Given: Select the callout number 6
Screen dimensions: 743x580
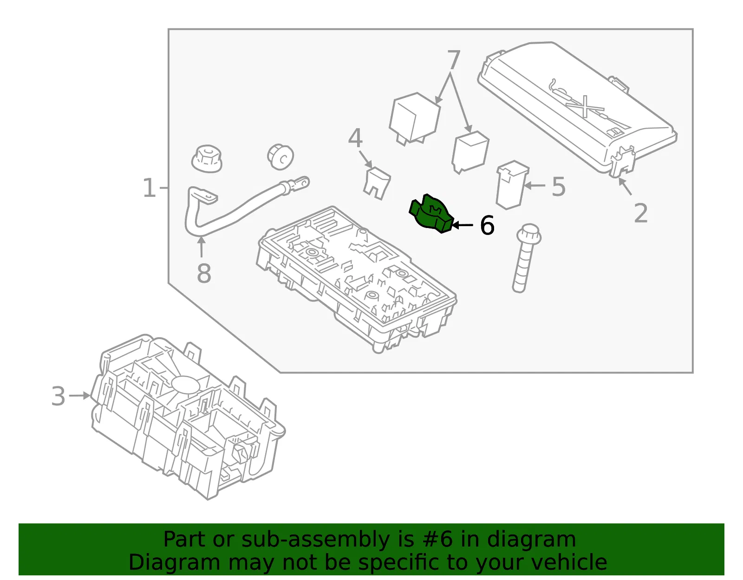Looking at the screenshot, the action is tap(487, 226).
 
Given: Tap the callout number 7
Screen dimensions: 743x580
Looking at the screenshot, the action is tap(454, 60).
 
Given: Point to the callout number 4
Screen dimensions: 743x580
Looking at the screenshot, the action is tap(355, 138).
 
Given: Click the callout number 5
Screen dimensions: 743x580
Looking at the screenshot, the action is tap(559, 187).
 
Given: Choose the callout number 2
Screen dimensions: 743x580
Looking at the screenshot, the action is tap(641, 213).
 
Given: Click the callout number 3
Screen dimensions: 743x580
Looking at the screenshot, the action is tap(58, 396).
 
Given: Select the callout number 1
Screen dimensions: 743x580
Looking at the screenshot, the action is tap(149, 188).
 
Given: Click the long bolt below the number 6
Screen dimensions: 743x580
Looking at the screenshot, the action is tap(526, 258).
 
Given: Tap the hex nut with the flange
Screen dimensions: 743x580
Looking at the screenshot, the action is tap(207, 159).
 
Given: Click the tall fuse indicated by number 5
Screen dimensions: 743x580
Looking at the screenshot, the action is tap(512, 184).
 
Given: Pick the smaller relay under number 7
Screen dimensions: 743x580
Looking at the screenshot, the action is tap(470, 152).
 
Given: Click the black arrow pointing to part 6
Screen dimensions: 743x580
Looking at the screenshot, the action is tap(463, 225).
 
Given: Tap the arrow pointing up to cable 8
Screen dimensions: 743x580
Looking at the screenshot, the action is tap(202, 247).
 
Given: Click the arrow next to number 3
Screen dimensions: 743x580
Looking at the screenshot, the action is tap(80, 396).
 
